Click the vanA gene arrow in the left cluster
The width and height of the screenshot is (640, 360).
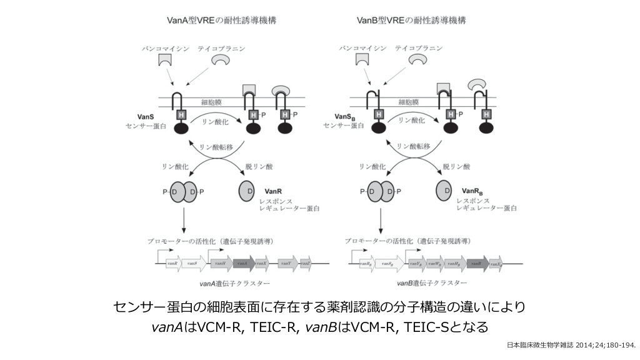click(x=243, y=264)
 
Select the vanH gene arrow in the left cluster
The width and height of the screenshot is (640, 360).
click(x=221, y=264)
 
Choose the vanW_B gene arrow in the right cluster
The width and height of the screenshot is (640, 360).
click(x=434, y=264)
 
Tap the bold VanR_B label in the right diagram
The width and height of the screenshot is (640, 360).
click(x=473, y=191)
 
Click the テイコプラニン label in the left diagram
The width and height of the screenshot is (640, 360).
click(x=221, y=47)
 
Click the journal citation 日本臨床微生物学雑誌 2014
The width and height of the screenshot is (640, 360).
click(x=571, y=345)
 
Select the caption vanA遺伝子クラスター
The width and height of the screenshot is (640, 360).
click(x=231, y=283)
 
